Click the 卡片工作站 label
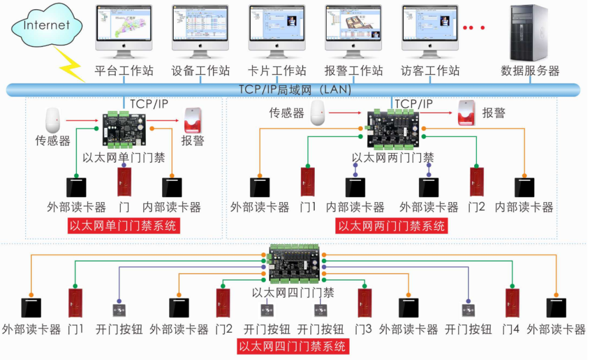pos(277,71)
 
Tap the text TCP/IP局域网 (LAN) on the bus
pos(295,90)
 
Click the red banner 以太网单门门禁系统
pos(123,226)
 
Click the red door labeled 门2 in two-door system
pos(477,182)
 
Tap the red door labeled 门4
pos(512,303)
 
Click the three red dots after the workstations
pos(474,27)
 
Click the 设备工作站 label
pos(200,71)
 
